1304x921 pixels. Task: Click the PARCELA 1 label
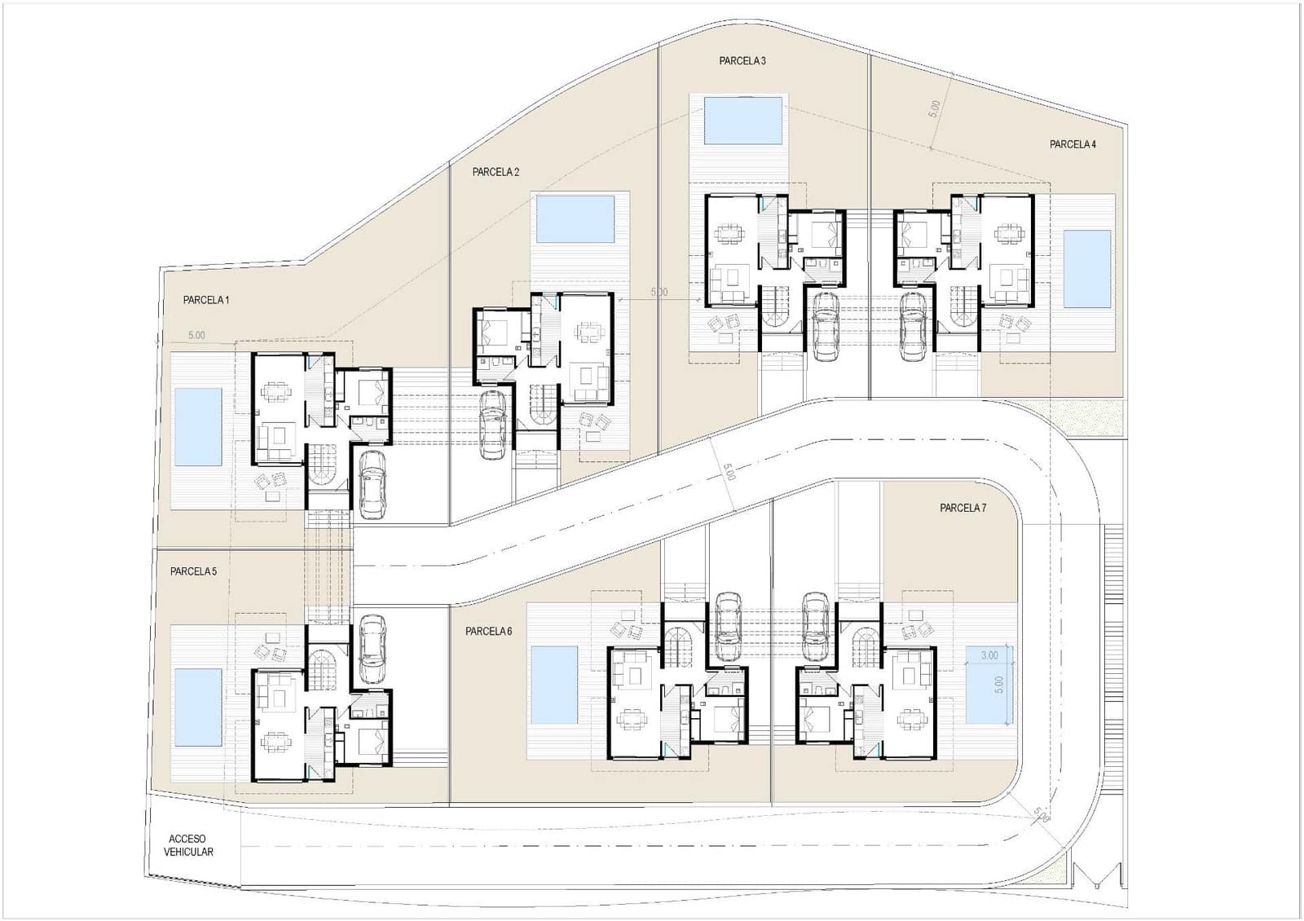[206, 300]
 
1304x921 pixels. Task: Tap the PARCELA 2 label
[496, 172]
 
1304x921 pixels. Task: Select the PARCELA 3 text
[742, 60]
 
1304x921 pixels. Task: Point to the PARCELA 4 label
[1073, 144]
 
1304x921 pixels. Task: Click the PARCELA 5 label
[193, 571]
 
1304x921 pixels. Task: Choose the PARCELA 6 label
[489, 631]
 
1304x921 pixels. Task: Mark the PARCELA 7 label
[963, 508]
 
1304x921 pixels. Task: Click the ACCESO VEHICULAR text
[188, 845]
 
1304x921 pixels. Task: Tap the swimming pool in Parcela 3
[742, 121]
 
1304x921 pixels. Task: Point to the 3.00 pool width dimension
[989, 655]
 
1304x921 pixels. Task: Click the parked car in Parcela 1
[372, 484]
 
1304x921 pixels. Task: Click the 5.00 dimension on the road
[729, 472]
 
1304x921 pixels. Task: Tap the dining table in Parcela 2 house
[587, 333]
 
